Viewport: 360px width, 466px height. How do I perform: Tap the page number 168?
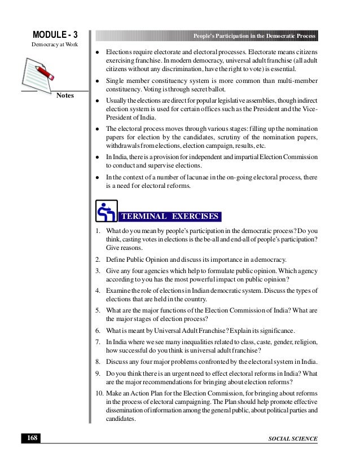coord(25,438)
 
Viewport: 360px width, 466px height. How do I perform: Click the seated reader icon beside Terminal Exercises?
coord(106,212)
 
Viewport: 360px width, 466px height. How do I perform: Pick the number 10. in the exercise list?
coord(99,392)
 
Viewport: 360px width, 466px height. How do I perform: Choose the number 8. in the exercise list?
coord(98,362)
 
